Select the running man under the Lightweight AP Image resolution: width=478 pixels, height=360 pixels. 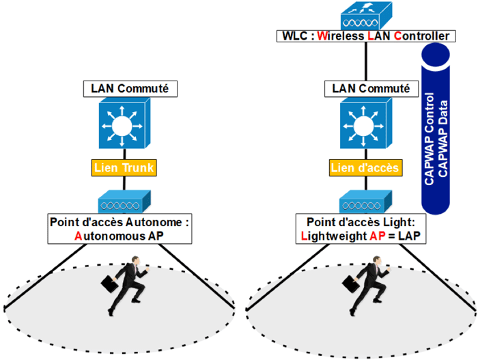pyautogui.click(x=373, y=287)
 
